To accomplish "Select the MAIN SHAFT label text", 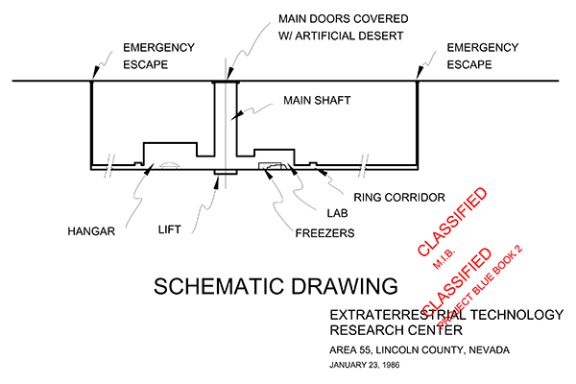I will click(318, 99).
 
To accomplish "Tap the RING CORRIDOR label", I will click(398, 198).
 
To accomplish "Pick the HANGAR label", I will click(92, 230).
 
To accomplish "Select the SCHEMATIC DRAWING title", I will click(276, 286).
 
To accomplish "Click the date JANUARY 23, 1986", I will click(372, 366).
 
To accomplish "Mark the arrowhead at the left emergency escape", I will click(90, 78).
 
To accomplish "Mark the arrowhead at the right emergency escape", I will click(419, 78).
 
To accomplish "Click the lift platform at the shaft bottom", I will click(225, 172).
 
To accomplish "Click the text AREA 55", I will click(351, 348).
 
